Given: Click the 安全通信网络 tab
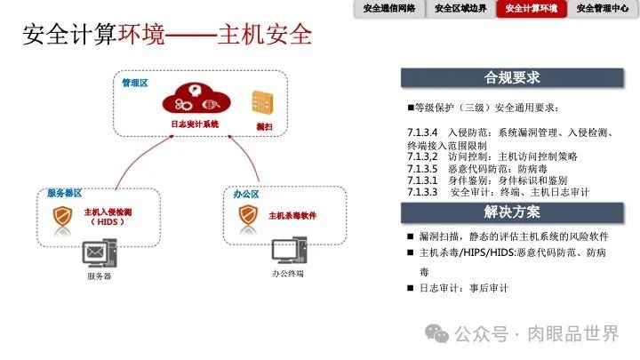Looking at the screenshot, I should pos(389,9).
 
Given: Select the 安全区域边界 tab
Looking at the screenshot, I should pos(460,9).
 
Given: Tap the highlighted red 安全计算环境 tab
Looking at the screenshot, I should pos(532,9).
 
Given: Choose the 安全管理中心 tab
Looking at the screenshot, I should pos(604,9).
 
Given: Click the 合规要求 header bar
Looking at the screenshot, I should pos(512,77).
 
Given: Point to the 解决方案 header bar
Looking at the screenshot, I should pos(512,212).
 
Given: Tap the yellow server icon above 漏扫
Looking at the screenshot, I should pos(262,100).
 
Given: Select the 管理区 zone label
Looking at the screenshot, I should pos(135,83).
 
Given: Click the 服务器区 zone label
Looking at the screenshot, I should pos(65,193).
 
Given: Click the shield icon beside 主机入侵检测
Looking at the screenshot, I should pos(62,216).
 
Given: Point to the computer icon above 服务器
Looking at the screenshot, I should pos(99,254).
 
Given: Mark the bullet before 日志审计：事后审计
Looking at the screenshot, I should pos(409,288).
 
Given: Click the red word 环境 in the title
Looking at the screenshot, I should pos(132,36).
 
